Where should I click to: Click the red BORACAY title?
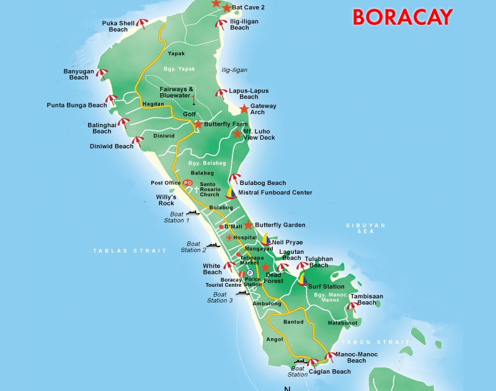(x=402, y=17)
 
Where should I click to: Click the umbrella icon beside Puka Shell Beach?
(x=143, y=25)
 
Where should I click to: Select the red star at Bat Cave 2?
(x=226, y=8)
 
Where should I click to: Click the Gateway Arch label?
(x=263, y=109)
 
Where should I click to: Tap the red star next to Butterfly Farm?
(x=198, y=124)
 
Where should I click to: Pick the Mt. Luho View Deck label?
(x=259, y=135)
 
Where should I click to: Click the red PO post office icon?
(x=187, y=182)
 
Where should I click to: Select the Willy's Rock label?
(x=166, y=200)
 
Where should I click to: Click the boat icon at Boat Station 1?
(x=192, y=213)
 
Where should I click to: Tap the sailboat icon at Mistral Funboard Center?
(x=231, y=192)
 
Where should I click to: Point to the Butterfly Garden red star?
(x=248, y=225)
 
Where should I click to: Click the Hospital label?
(x=245, y=238)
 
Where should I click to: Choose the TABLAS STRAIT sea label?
(x=130, y=251)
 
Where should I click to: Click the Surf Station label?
(x=325, y=287)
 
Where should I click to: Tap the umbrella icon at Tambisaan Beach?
(x=353, y=305)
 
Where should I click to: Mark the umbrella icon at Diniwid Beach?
(x=139, y=142)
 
